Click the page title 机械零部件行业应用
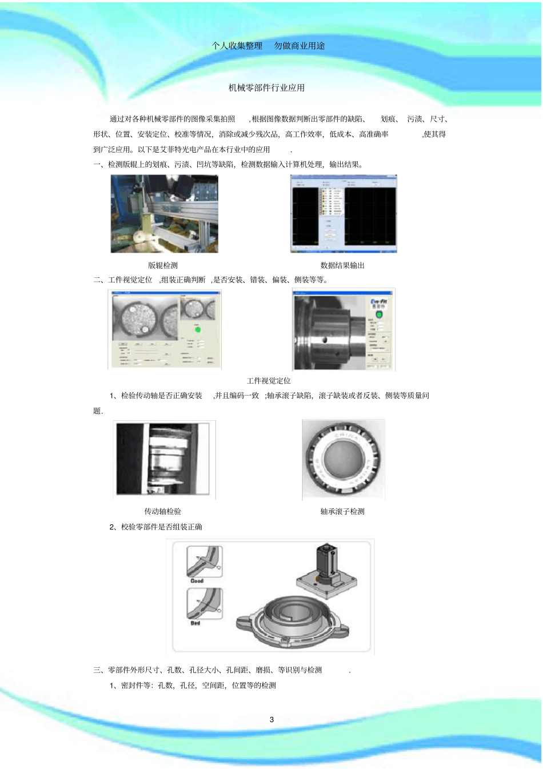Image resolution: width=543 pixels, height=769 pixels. (x=266, y=87)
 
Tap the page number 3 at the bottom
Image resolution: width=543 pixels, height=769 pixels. (x=271, y=719)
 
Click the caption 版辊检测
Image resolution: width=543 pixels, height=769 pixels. (x=163, y=265)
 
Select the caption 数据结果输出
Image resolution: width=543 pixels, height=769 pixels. (x=342, y=265)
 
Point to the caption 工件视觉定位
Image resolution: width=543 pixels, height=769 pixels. (x=269, y=381)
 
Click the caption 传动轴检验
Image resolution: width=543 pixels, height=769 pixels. (x=163, y=511)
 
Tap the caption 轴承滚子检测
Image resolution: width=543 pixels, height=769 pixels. (x=342, y=511)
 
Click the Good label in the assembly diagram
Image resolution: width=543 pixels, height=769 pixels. (x=197, y=581)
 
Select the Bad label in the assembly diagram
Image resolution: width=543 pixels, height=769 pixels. (x=195, y=623)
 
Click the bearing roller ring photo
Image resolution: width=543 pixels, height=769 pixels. (x=343, y=460)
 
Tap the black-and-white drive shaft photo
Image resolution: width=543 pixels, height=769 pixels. (x=164, y=460)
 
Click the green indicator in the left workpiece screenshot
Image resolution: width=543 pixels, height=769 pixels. (x=198, y=329)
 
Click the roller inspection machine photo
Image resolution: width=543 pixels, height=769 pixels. (x=164, y=214)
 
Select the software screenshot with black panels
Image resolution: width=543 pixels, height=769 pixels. (x=344, y=214)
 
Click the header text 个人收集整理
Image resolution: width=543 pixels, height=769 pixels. (x=237, y=46)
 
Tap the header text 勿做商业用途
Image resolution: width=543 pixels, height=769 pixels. (x=300, y=46)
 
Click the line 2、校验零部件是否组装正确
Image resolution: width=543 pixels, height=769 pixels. (x=155, y=527)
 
